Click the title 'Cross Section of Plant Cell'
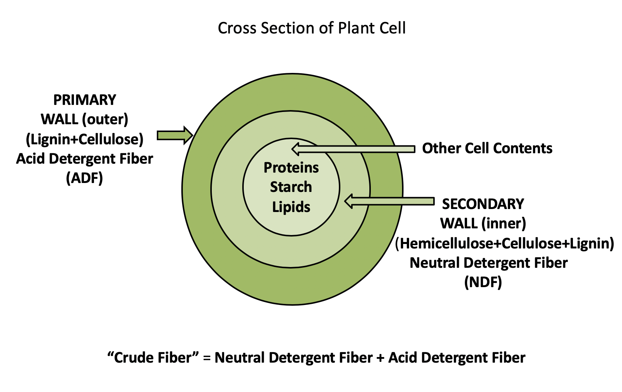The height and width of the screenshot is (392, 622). (x=311, y=28)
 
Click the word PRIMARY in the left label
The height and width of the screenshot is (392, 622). (x=85, y=100)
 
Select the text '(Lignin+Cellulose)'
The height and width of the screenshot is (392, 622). (x=85, y=139)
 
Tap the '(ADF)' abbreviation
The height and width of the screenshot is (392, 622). (x=84, y=178)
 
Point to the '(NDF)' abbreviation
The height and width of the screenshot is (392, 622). (x=483, y=282)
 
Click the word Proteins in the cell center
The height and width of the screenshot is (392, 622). (x=291, y=168)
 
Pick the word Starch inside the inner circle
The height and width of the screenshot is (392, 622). (x=291, y=187)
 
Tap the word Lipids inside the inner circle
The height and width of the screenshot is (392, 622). (x=291, y=207)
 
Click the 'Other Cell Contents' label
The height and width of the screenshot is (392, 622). (x=487, y=148)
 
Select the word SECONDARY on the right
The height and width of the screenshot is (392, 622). (x=483, y=204)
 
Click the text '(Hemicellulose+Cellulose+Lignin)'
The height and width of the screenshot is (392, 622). (x=505, y=244)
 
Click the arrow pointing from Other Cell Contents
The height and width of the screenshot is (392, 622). (x=353, y=149)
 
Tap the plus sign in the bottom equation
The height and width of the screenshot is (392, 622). (x=380, y=358)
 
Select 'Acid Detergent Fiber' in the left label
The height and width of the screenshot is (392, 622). (x=85, y=159)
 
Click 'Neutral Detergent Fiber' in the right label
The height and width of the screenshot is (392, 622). (x=489, y=263)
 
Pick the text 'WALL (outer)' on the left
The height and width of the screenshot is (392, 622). (x=85, y=119)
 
